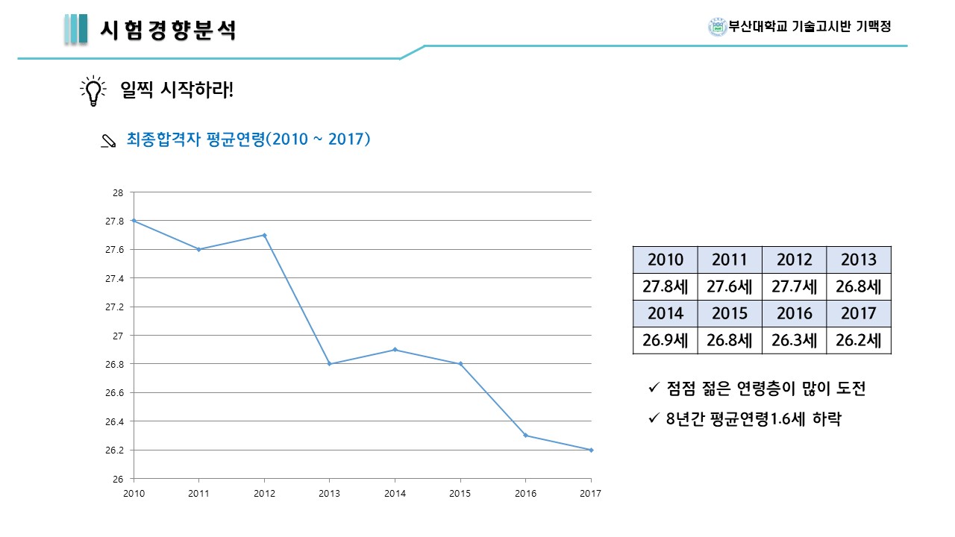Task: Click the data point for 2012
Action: [264, 235]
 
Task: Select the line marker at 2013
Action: [329, 364]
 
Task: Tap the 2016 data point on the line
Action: [525, 435]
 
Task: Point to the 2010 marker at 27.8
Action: [134, 221]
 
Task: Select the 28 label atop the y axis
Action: [118, 192]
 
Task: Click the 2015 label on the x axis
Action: [460, 494]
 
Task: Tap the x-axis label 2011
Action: [198, 494]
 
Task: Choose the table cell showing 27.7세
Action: [794, 286]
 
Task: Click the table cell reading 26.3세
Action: [794, 341]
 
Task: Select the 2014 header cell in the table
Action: [666, 313]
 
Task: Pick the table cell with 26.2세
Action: [859, 341]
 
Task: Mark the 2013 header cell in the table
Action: [859, 260]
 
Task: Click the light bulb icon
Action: [93, 91]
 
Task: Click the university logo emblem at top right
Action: [717, 27]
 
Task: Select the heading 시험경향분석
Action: [168, 30]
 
